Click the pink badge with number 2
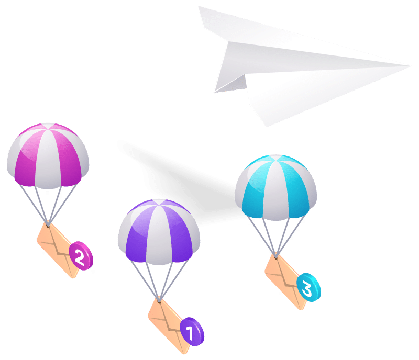tap(81, 255)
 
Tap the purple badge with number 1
tap(192, 331)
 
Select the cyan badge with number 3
tap(308, 287)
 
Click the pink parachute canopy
tap(48, 156)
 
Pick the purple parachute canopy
tap(159, 232)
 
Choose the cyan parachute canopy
tap(276, 187)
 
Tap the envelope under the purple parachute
tap(169, 326)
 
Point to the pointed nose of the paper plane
tap(411, 66)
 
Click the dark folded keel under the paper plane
tap(231, 84)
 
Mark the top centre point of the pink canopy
tap(48, 123)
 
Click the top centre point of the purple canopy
tap(159, 199)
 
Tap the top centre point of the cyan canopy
tap(276, 155)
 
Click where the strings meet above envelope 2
tap(48, 226)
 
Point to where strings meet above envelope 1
tap(159, 301)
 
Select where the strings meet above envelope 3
tap(276, 257)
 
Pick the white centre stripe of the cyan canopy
tap(276, 190)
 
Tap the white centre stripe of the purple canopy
tap(159, 235)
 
